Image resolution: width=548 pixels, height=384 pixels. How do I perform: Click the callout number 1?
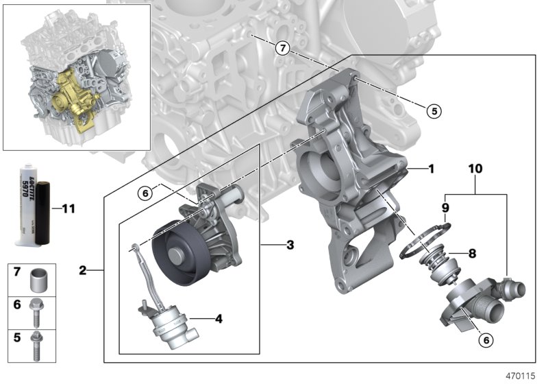pos(431,167)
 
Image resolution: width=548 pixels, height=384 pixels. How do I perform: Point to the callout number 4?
pos(219,318)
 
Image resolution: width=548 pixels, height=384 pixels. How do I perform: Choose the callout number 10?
pos(475,167)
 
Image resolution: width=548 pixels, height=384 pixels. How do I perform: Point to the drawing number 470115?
pos(521,375)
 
